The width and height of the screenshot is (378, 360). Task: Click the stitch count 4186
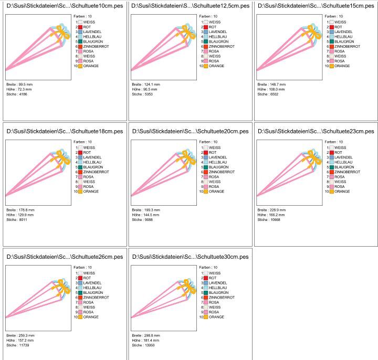coord(21,94)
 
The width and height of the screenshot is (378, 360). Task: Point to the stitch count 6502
coord(272,94)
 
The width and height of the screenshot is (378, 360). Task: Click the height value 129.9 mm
coord(25,215)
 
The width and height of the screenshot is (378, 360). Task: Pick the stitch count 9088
coord(146,219)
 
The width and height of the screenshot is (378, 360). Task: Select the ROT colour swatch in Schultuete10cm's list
coord(80,27)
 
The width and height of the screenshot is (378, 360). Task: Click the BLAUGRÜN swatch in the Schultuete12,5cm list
coord(206,41)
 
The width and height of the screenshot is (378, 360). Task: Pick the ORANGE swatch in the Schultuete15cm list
coord(331,66)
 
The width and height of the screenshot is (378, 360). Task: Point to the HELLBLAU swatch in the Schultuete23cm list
coord(331,162)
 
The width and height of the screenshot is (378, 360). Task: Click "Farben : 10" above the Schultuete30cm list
coord(207,267)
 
